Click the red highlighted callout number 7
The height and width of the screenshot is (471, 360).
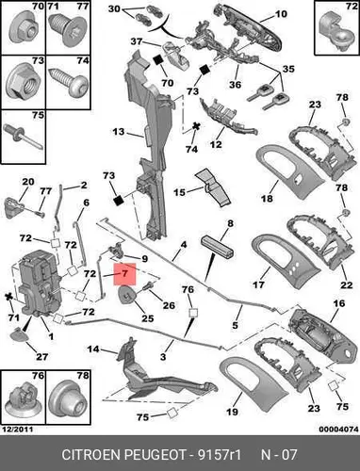(124, 274)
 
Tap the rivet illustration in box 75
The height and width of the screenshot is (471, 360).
(24, 137)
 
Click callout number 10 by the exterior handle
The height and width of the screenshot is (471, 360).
(281, 14)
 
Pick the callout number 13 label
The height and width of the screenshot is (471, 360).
(119, 132)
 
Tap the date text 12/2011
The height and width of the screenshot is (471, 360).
(17, 430)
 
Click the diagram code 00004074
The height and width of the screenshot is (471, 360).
(338, 430)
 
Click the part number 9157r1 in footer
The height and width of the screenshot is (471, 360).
(219, 454)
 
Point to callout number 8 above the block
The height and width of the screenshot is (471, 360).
(230, 223)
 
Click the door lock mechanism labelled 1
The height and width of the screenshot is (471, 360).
(40, 283)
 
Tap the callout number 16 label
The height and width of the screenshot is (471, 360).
(339, 303)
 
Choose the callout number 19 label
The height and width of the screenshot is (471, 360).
(232, 412)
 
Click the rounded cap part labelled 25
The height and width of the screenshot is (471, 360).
(127, 295)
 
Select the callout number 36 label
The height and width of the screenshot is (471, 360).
(235, 85)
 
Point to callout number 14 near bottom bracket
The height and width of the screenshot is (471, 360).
(93, 349)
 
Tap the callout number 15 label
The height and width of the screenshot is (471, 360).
(180, 192)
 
